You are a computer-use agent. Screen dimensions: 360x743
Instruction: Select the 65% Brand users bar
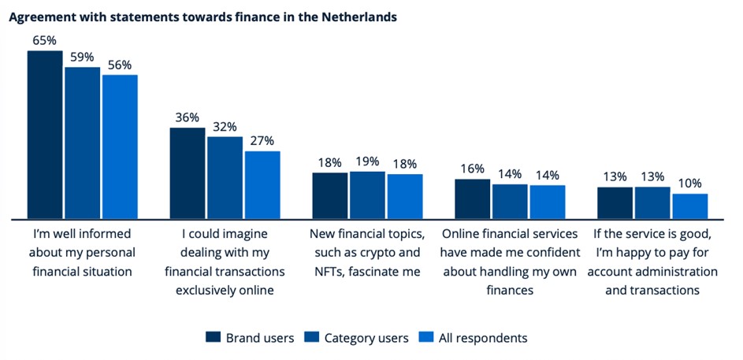(45, 134)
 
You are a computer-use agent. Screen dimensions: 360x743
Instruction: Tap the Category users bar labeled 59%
(82, 142)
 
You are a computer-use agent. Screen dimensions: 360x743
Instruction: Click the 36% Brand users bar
(188, 173)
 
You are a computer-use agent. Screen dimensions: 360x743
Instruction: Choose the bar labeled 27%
(262, 184)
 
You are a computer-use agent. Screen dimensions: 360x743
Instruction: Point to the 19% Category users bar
(367, 195)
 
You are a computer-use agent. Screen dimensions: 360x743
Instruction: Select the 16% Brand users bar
(472, 199)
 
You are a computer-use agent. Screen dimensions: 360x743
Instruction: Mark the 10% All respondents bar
(689, 206)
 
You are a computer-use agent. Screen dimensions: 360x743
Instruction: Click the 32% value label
(225, 127)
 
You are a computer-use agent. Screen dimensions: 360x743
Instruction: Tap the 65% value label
(45, 41)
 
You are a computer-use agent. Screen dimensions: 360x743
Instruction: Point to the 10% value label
(689, 184)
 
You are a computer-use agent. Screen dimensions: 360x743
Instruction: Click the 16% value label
(472, 169)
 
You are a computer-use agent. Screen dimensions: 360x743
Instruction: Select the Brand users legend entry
(250, 338)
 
